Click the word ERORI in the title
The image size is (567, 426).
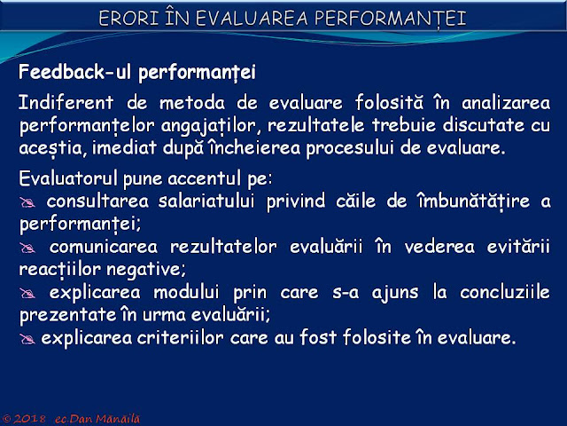[x=128, y=18]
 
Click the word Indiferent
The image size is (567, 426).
[x=66, y=102]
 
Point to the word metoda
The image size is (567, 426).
[x=192, y=103]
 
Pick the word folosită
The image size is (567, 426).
[x=389, y=102]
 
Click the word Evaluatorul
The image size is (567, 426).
[x=68, y=178]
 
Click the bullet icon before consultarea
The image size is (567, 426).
[x=27, y=202]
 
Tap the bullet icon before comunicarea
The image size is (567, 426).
[x=27, y=248]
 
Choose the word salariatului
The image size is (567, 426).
[x=206, y=201]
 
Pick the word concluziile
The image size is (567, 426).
[x=505, y=292]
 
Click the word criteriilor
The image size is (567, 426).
[x=180, y=337]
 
